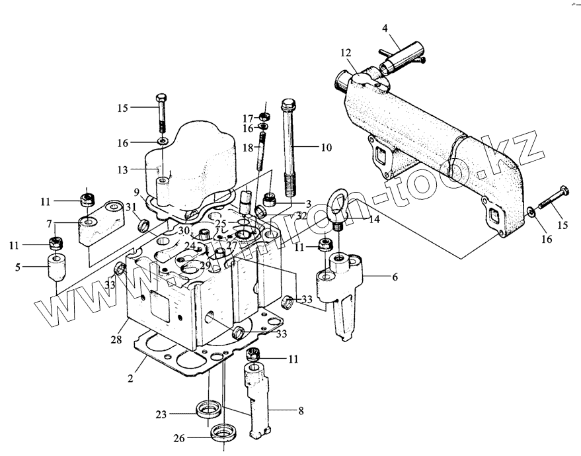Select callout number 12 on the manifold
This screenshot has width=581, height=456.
pos(345,52)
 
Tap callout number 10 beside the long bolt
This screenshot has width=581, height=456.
pos(326,148)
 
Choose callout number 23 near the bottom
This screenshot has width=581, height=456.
pos(160,415)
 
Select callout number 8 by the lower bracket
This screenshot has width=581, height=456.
pos(300,410)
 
